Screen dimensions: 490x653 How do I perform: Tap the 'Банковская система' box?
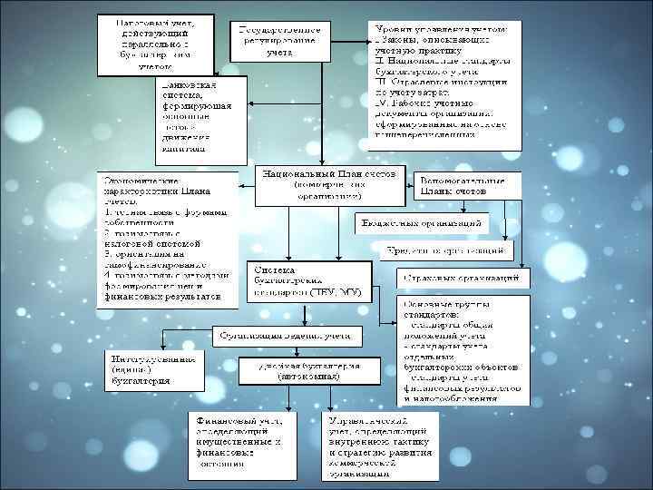(x=198, y=114)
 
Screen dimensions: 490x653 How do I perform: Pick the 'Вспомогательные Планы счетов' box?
(x=467, y=185)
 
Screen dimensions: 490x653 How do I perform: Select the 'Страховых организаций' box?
(x=460, y=275)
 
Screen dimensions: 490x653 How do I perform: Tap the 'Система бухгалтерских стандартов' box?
(x=308, y=282)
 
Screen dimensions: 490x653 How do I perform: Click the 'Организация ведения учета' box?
(x=287, y=335)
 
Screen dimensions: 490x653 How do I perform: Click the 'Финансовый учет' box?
(x=240, y=444)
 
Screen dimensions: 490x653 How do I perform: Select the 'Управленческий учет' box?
(x=381, y=444)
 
